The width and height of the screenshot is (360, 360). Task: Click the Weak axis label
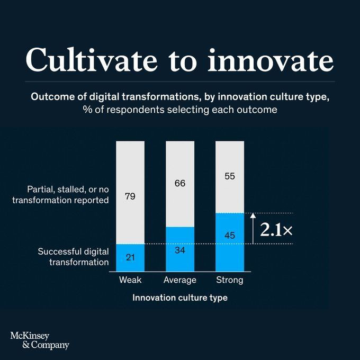pyautogui.click(x=130, y=280)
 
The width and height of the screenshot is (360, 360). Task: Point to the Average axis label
pyautogui.click(x=180, y=280)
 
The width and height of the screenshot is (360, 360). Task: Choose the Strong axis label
pyautogui.click(x=230, y=280)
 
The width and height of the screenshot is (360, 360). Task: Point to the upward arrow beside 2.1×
pyautogui.click(x=253, y=228)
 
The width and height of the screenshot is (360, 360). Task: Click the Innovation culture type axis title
pyautogui.click(x=180, y=298)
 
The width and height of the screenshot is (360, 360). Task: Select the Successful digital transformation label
pyautogui.click(x=73, y=256)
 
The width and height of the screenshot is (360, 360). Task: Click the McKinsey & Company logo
pyautogui.click(x=40, y=340)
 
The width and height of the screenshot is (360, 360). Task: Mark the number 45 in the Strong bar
pyautogui.click(x=230, y=235)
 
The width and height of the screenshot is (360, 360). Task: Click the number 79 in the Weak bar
pyautogui.click(x=130, y=196)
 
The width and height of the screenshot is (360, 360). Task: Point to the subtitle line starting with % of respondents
pyautogui.click(x=180, y=111)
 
